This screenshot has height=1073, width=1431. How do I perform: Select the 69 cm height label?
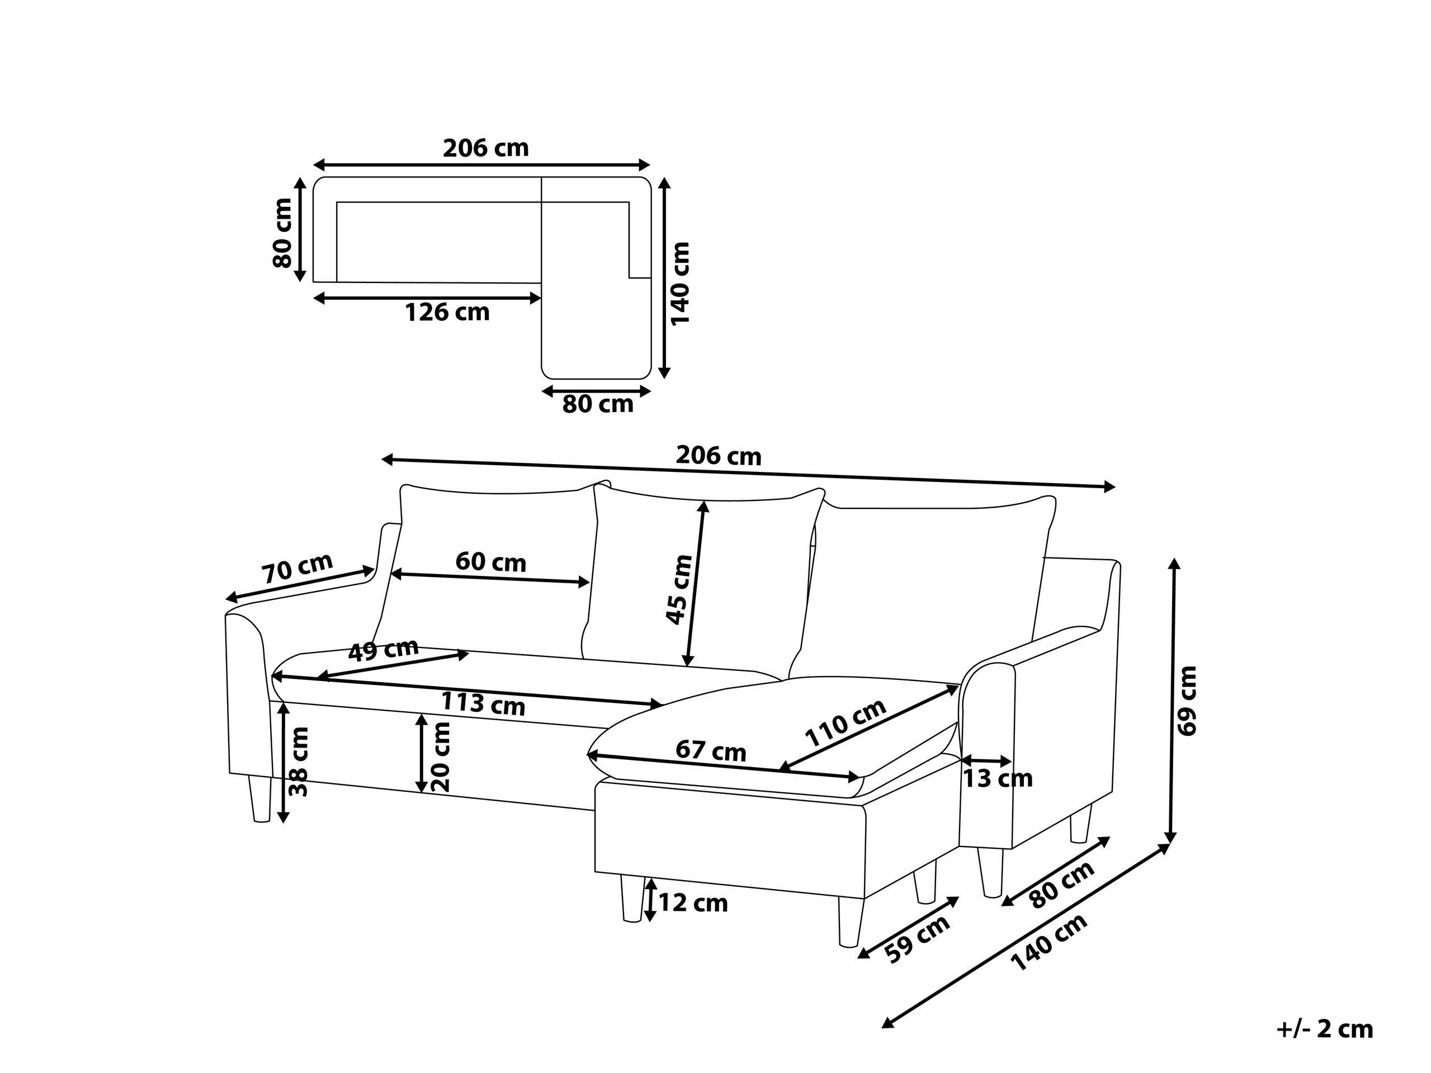(x=1188, y=700)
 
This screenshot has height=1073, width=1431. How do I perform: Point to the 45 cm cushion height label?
(x=679, y=589)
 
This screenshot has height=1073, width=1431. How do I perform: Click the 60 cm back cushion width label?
(x=490, y=561)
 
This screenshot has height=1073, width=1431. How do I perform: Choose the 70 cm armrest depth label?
(x=297, y=568)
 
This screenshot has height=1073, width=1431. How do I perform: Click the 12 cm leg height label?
(x=693, y=903)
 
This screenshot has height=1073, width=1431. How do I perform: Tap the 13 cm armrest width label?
(x=998, y=779)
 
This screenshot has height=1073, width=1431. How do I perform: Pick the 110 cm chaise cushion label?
(x=845, y=723)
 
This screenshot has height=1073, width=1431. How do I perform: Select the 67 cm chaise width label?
(x=710, y=751)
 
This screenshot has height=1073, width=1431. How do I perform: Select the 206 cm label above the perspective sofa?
(x=718, y=457)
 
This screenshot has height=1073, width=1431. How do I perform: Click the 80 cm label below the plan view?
(x=597, y=404)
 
